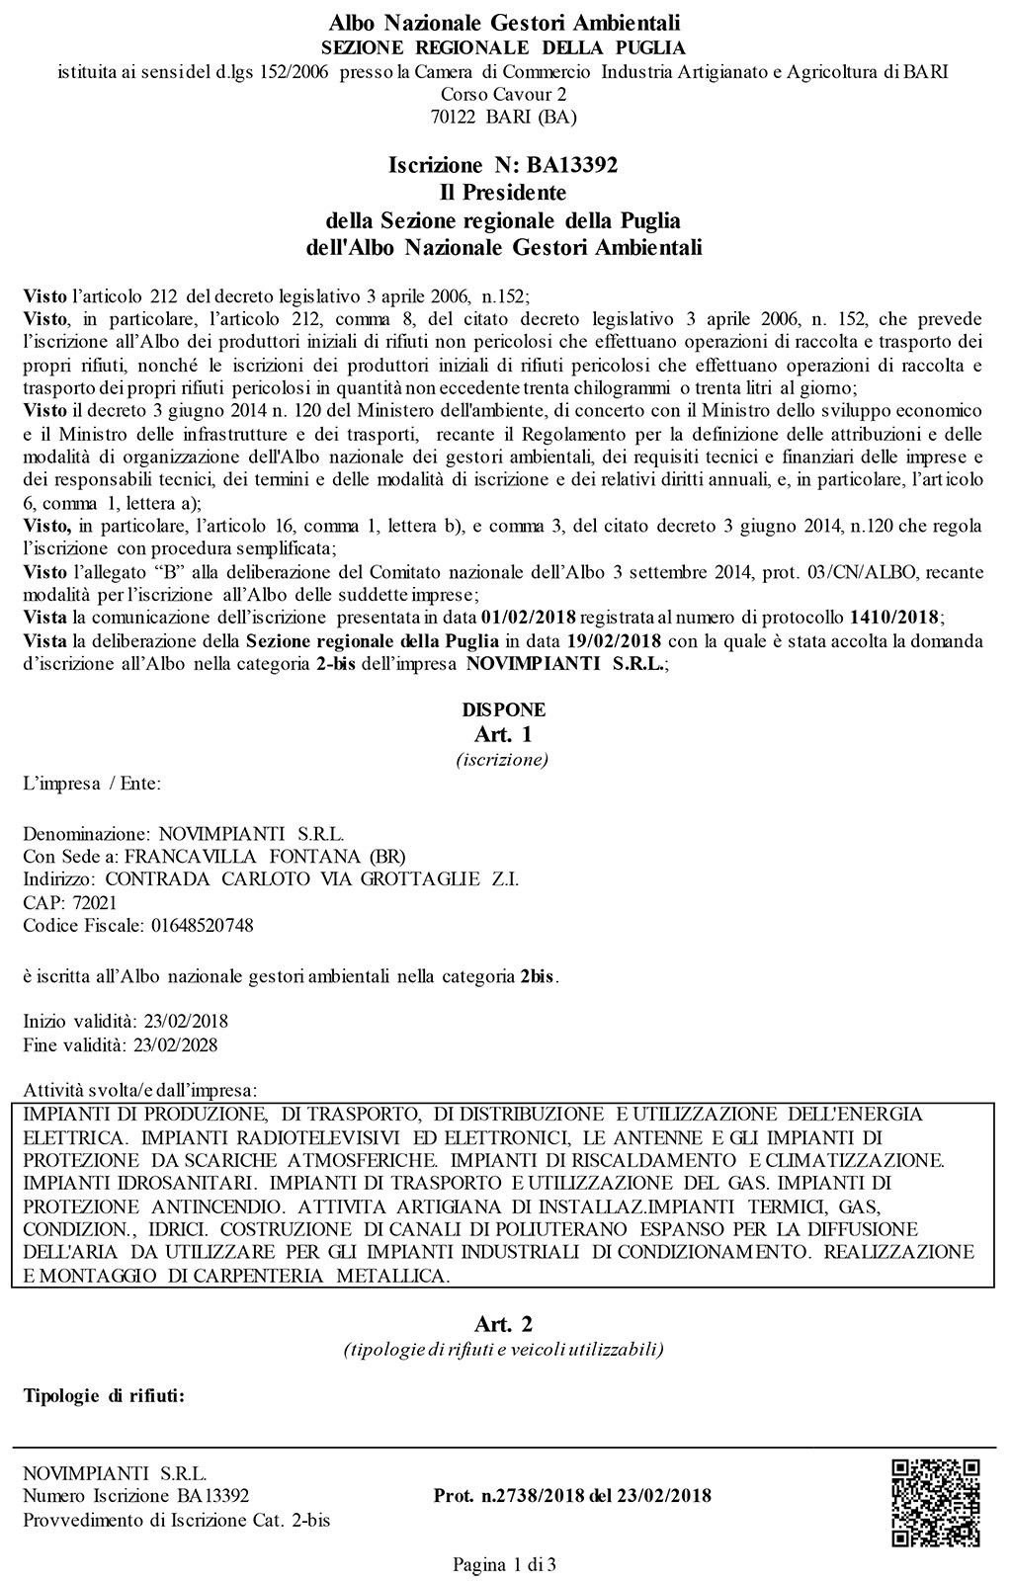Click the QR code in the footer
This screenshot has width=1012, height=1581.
935,1502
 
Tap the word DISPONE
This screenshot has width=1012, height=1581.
504,709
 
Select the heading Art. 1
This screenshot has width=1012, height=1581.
504,734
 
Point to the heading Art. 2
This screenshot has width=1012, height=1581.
504,1323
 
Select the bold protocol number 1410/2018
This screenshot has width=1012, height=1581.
894,618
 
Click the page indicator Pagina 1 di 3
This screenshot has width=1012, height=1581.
504,1564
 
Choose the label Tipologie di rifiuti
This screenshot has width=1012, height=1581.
104,1396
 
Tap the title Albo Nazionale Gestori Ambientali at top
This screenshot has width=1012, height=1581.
504,22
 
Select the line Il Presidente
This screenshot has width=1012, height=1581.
504,192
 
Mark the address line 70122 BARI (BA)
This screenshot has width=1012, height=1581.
504,117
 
